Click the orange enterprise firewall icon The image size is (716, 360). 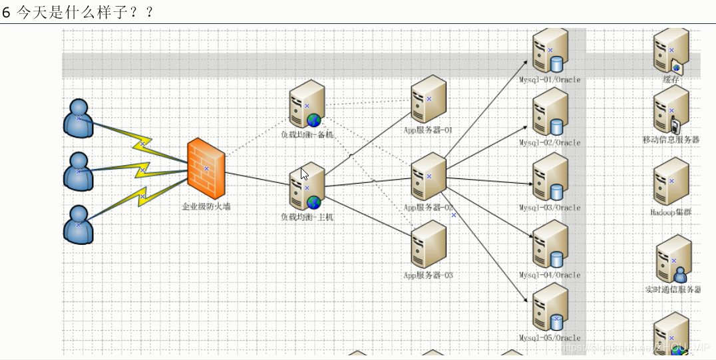[x=206, y=168]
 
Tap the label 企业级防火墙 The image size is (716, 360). [x=206, y=207]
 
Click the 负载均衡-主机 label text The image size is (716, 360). [x=307, y=217]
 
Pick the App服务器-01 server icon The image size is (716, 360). [x=428, y=99]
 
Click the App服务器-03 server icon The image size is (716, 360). [x=428, y=244]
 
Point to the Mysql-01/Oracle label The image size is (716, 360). [x=550, y=80]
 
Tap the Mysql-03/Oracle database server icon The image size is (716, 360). [x=550, y=178]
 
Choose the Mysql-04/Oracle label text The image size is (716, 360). [x=550, y=275]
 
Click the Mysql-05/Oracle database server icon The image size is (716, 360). [x=550, y=307]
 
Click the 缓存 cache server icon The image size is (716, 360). [x=669, y=51]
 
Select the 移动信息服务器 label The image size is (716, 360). [x=671, y=140]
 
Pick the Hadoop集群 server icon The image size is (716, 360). [x=671, y=181]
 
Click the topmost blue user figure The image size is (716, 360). [x=79, y=118]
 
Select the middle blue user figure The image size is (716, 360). [x=79, y=171]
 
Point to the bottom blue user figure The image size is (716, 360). [x=79, y=224]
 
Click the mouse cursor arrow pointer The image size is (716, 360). [x=303, y=174]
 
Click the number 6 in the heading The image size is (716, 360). [x=7, y=12]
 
